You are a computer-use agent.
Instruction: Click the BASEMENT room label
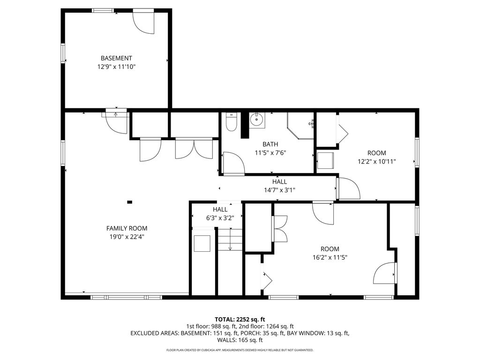pyautogui.click(x=116, y=58)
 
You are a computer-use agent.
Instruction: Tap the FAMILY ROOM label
pyautogui.click(x=127, y=228)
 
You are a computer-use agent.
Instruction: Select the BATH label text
pyautogui.click(x=270, y=144)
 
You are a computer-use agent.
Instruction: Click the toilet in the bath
pyautogui.click(x=231, y=122)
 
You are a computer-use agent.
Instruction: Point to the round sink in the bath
pyautogui.click(x=256, y=120)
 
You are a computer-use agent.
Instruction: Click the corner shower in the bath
pyautogui.click(x=300, y=126)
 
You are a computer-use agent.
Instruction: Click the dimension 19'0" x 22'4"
pyautogui.click(x=127, y=237)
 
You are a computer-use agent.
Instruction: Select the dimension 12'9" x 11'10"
pyautogui.click(x=116, y=67)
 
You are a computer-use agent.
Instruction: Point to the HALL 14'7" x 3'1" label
pyautogui.click(x=279, y=186)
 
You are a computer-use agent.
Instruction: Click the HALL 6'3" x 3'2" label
pyautogui.click(x=220, y=214)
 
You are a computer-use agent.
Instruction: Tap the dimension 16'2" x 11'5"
pyautogui.click(x=330, y=257)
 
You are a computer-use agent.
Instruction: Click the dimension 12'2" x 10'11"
pyautogui.click(x=376, y=161)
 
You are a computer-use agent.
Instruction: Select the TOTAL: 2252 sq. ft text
pyautogui.click(x=240, y=320)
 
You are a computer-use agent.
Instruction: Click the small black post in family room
pyautogui.click(x=129, y=202)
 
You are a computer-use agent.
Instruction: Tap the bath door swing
pyautogui.click(x=234, y=163)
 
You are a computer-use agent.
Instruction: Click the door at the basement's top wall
pyautogui.click(x=143, y=23)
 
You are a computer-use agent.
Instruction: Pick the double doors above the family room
pyautogui.click(x=194, y=149)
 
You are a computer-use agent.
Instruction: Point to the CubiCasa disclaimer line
pyautogui.click(x=240, y=350)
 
